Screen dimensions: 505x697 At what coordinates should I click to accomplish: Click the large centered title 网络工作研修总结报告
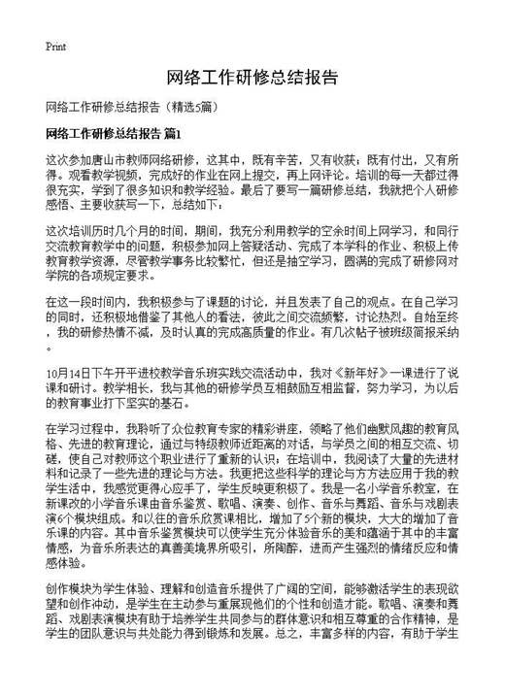252,78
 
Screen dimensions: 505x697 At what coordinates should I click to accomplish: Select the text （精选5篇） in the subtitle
198,106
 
